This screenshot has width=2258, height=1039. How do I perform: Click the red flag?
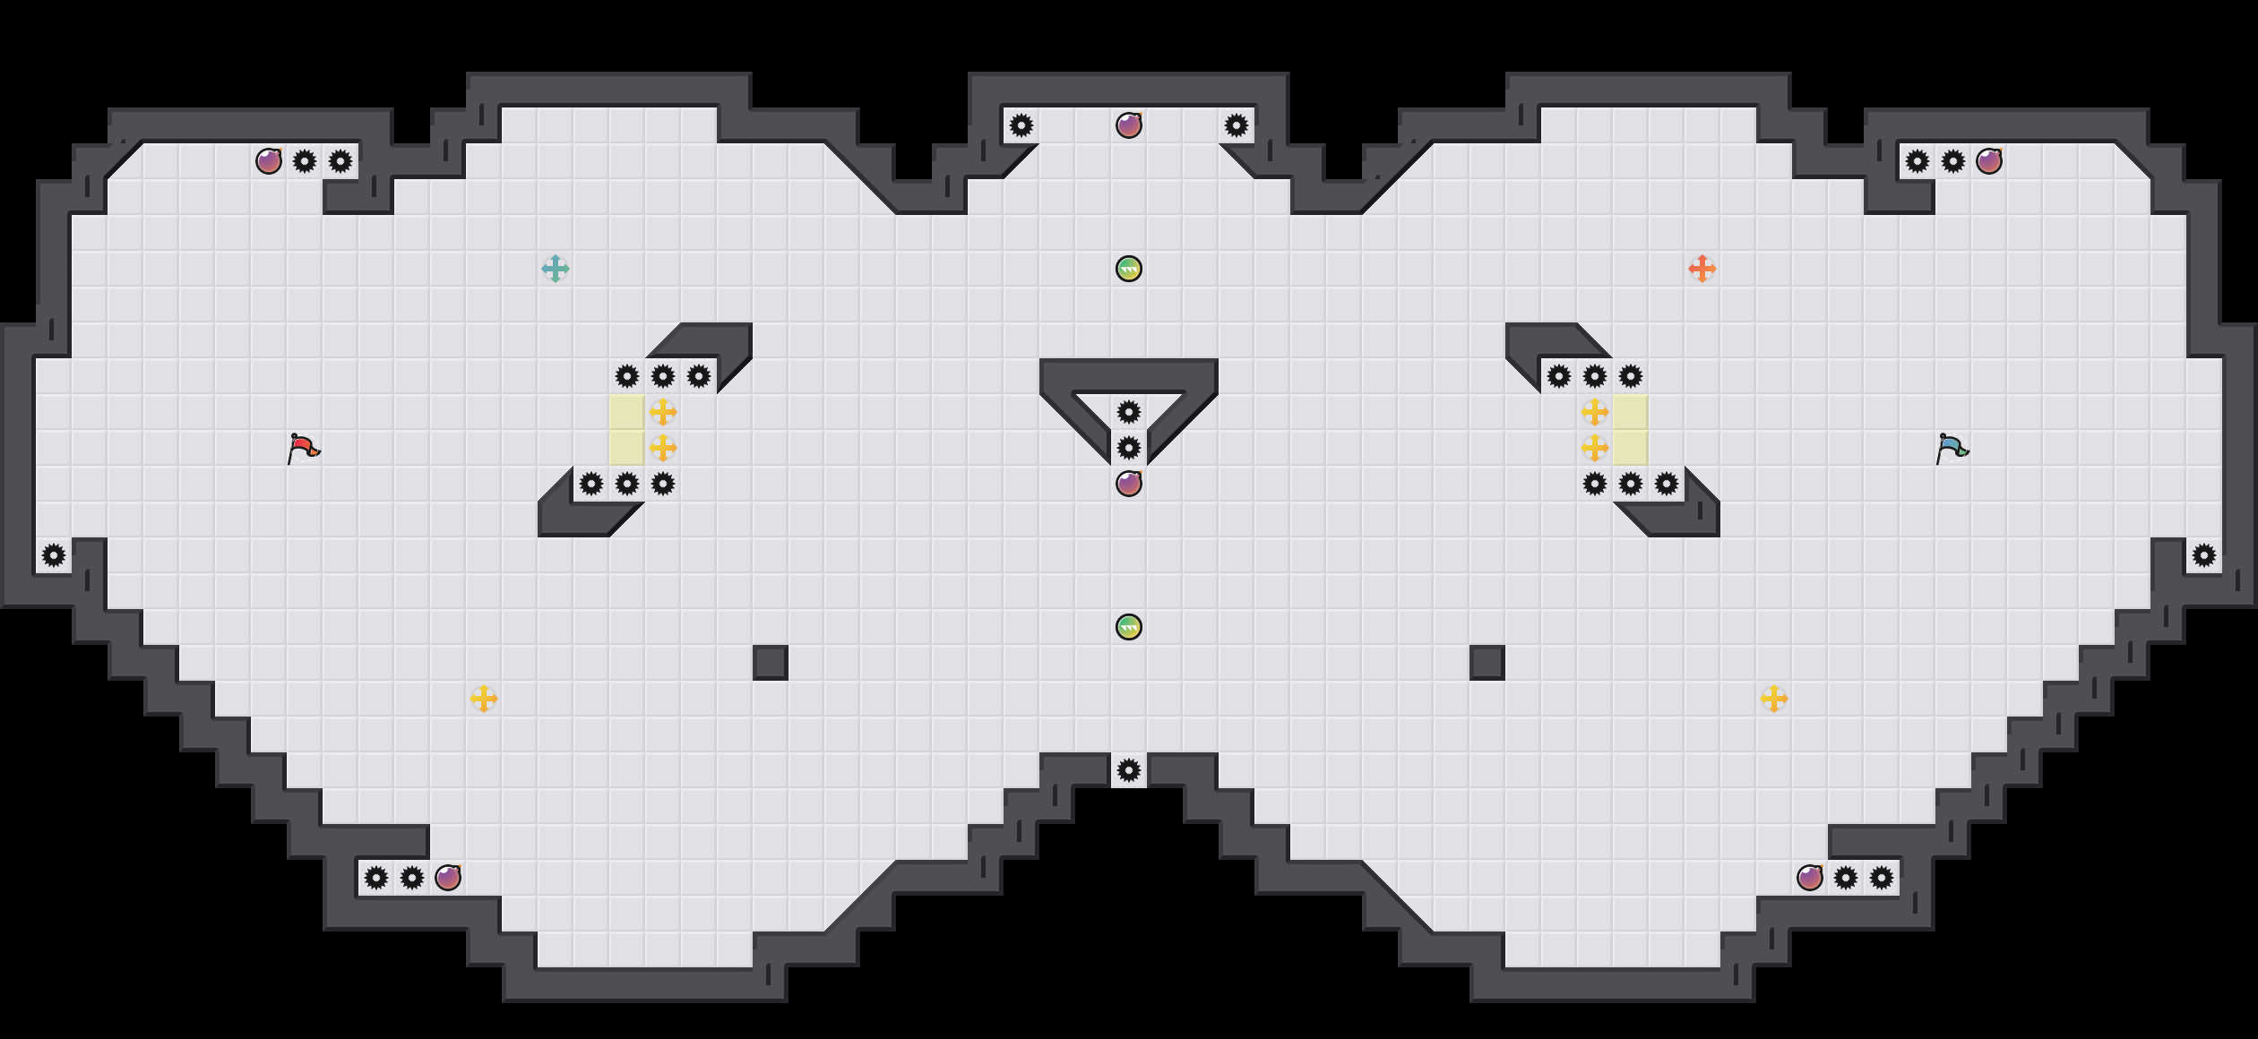coord(303,448)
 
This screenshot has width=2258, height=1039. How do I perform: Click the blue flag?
coord(1952,448)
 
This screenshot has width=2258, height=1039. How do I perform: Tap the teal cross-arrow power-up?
coord(556,269)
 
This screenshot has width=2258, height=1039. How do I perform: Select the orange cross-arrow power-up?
coord(1702,269)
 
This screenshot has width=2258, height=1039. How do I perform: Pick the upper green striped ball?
coord(1129,269)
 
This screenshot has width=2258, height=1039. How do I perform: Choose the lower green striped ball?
coord(1129,627)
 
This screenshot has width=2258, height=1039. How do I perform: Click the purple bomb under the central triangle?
coord(1129,484)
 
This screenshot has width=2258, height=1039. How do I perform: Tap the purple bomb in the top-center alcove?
coord(1129,125)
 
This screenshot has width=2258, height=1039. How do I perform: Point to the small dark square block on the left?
coord(771,663)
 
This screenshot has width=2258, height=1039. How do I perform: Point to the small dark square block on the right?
coord(1487,663)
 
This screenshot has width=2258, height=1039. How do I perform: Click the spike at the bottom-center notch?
coord(1129,770)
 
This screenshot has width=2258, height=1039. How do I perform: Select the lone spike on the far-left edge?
coord(54,555)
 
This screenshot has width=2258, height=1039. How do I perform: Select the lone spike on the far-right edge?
coord(2204,555)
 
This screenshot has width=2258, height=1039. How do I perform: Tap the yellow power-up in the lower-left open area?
coord(484,699)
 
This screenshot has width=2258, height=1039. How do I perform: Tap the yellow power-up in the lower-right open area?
coord(1774,699)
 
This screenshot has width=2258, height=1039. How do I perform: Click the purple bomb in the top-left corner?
coord(269,161)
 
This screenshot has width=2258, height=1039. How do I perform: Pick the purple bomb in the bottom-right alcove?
coord(1810,878)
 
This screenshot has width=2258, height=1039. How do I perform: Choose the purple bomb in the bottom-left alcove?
coord(448,878)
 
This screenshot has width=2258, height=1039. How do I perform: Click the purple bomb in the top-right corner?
coord(1989,161)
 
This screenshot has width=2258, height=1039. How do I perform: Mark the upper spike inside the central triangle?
coord(1129,412)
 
